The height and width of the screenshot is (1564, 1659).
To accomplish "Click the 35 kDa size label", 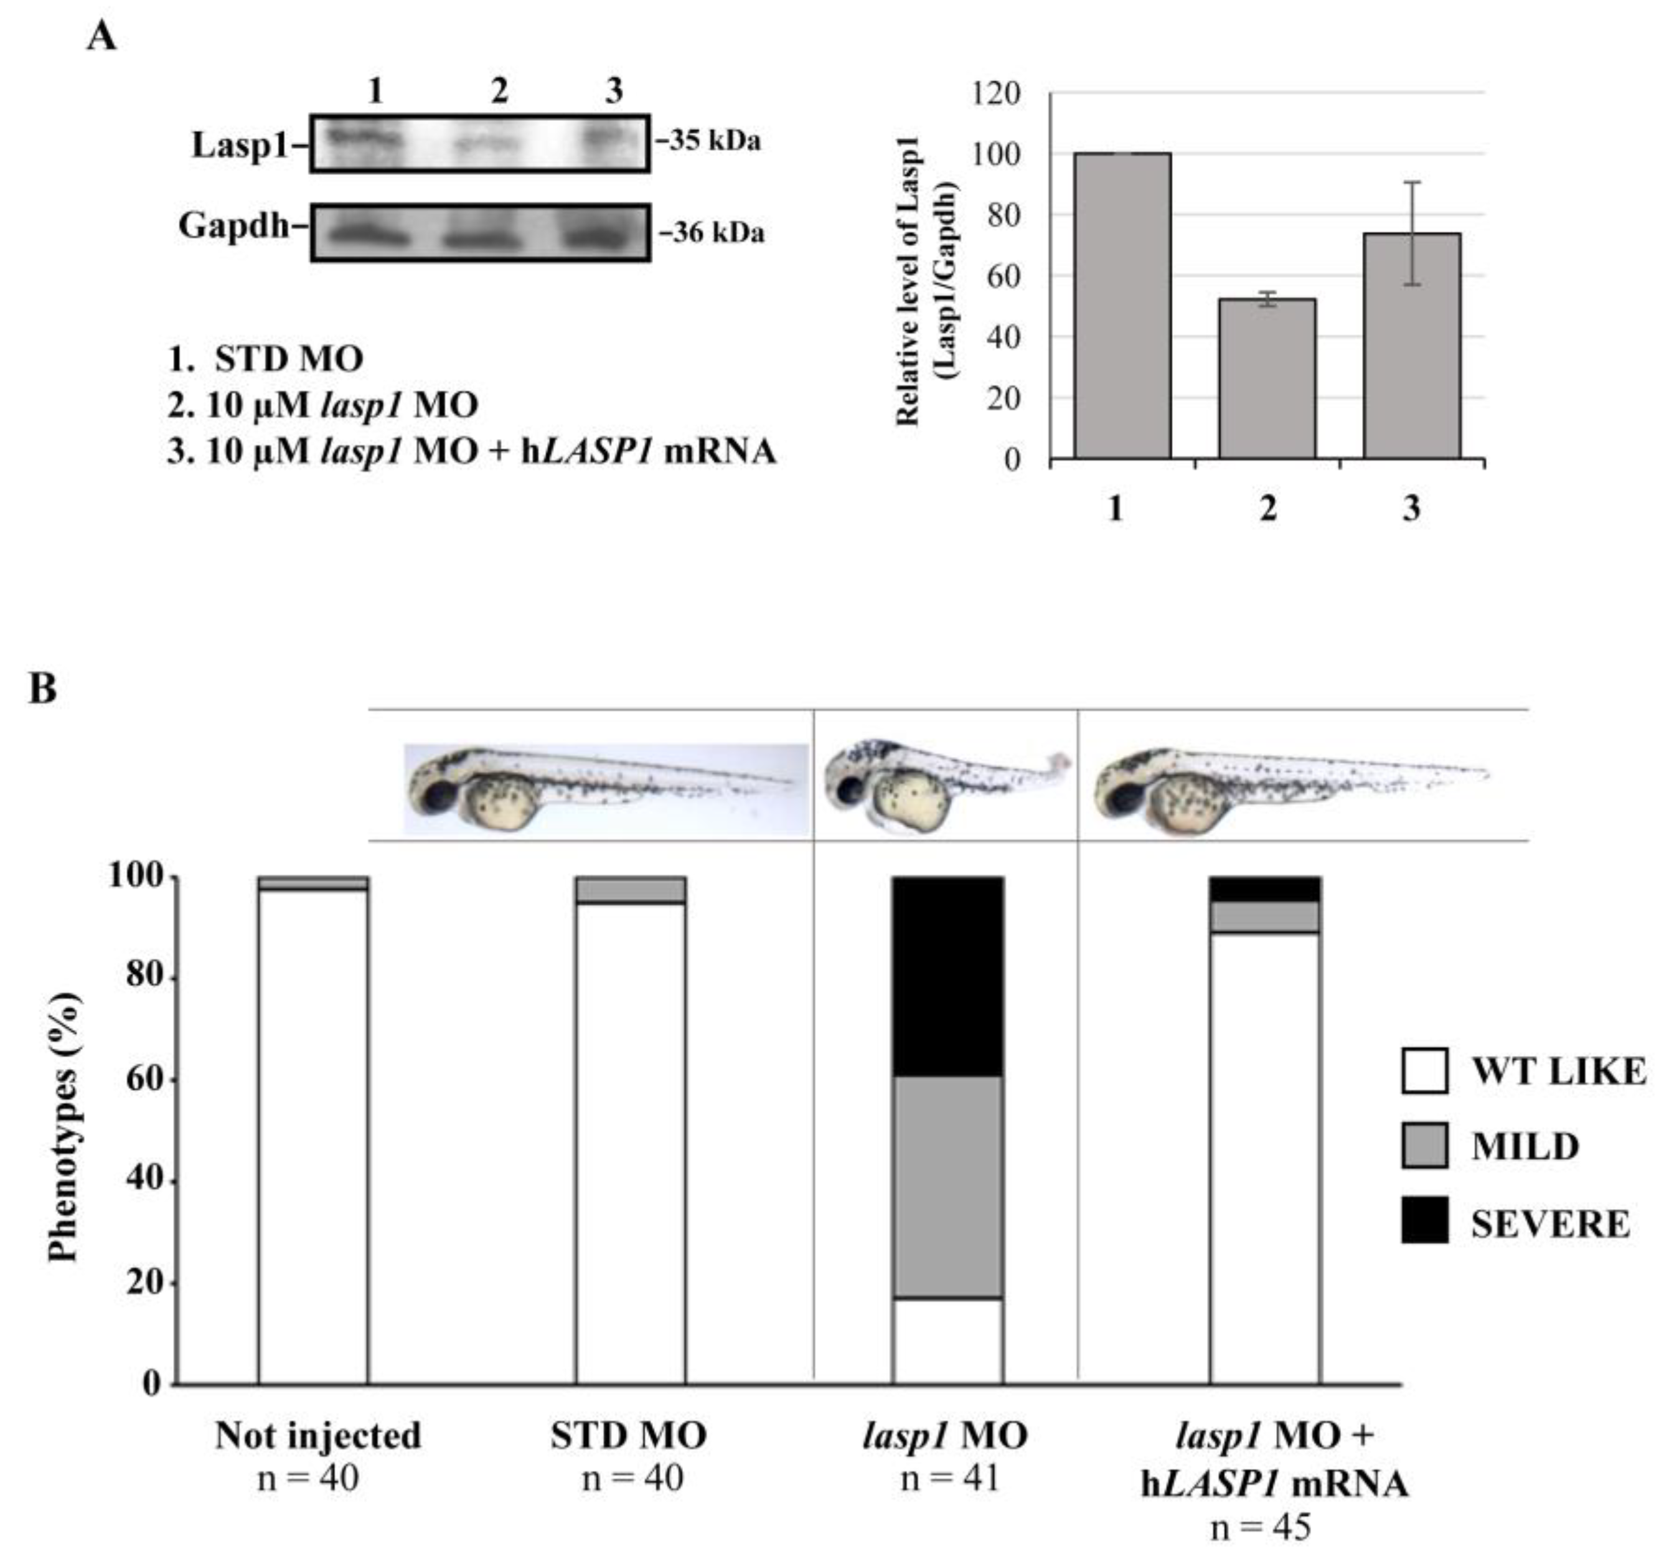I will (x=711, y=141).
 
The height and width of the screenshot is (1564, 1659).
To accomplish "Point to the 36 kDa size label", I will (x=713, y=233).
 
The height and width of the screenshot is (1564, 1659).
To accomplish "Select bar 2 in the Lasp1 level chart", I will (x=1266, y=380).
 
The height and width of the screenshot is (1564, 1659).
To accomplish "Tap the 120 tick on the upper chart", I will (x=997, y=93).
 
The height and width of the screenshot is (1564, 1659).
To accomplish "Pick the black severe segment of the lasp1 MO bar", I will (x=947, y=976).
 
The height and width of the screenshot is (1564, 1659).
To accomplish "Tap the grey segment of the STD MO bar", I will (x=630, y=890).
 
